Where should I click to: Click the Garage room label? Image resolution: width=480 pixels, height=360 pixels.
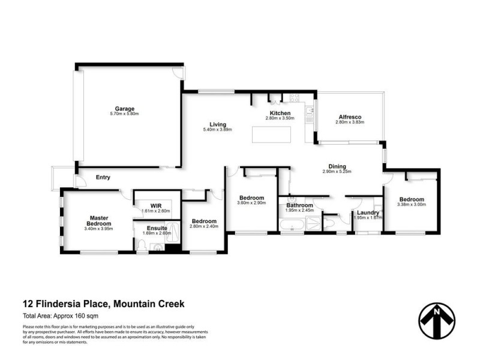125,109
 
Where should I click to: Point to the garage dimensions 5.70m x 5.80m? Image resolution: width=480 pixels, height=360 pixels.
125,114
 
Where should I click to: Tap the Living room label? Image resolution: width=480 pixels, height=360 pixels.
217,124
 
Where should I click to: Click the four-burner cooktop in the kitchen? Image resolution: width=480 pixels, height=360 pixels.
295,98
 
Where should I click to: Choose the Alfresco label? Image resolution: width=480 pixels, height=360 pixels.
349,116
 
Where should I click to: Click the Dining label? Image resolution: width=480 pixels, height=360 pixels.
337,167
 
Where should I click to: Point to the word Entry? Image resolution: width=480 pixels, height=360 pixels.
103,178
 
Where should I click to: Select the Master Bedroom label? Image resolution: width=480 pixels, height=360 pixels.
98,221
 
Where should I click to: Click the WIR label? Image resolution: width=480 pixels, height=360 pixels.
156,205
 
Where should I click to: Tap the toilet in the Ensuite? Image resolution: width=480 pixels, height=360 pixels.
141,244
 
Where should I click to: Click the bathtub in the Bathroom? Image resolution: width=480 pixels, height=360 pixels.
292,226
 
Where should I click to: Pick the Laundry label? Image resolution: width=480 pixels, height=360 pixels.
367,212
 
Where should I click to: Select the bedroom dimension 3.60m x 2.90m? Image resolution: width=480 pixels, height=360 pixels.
251,204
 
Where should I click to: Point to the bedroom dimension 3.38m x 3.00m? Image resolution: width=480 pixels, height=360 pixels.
411,205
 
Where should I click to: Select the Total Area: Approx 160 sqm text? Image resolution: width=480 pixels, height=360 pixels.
60,316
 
